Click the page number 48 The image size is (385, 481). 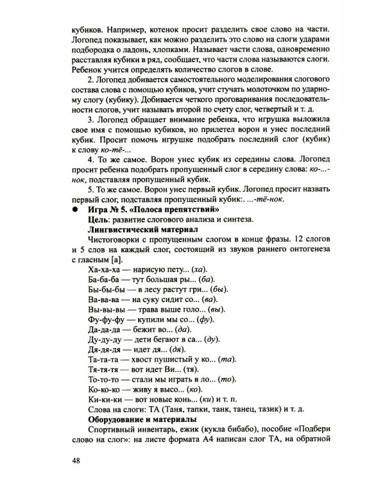pyautogui.click(x=76, y=460)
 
